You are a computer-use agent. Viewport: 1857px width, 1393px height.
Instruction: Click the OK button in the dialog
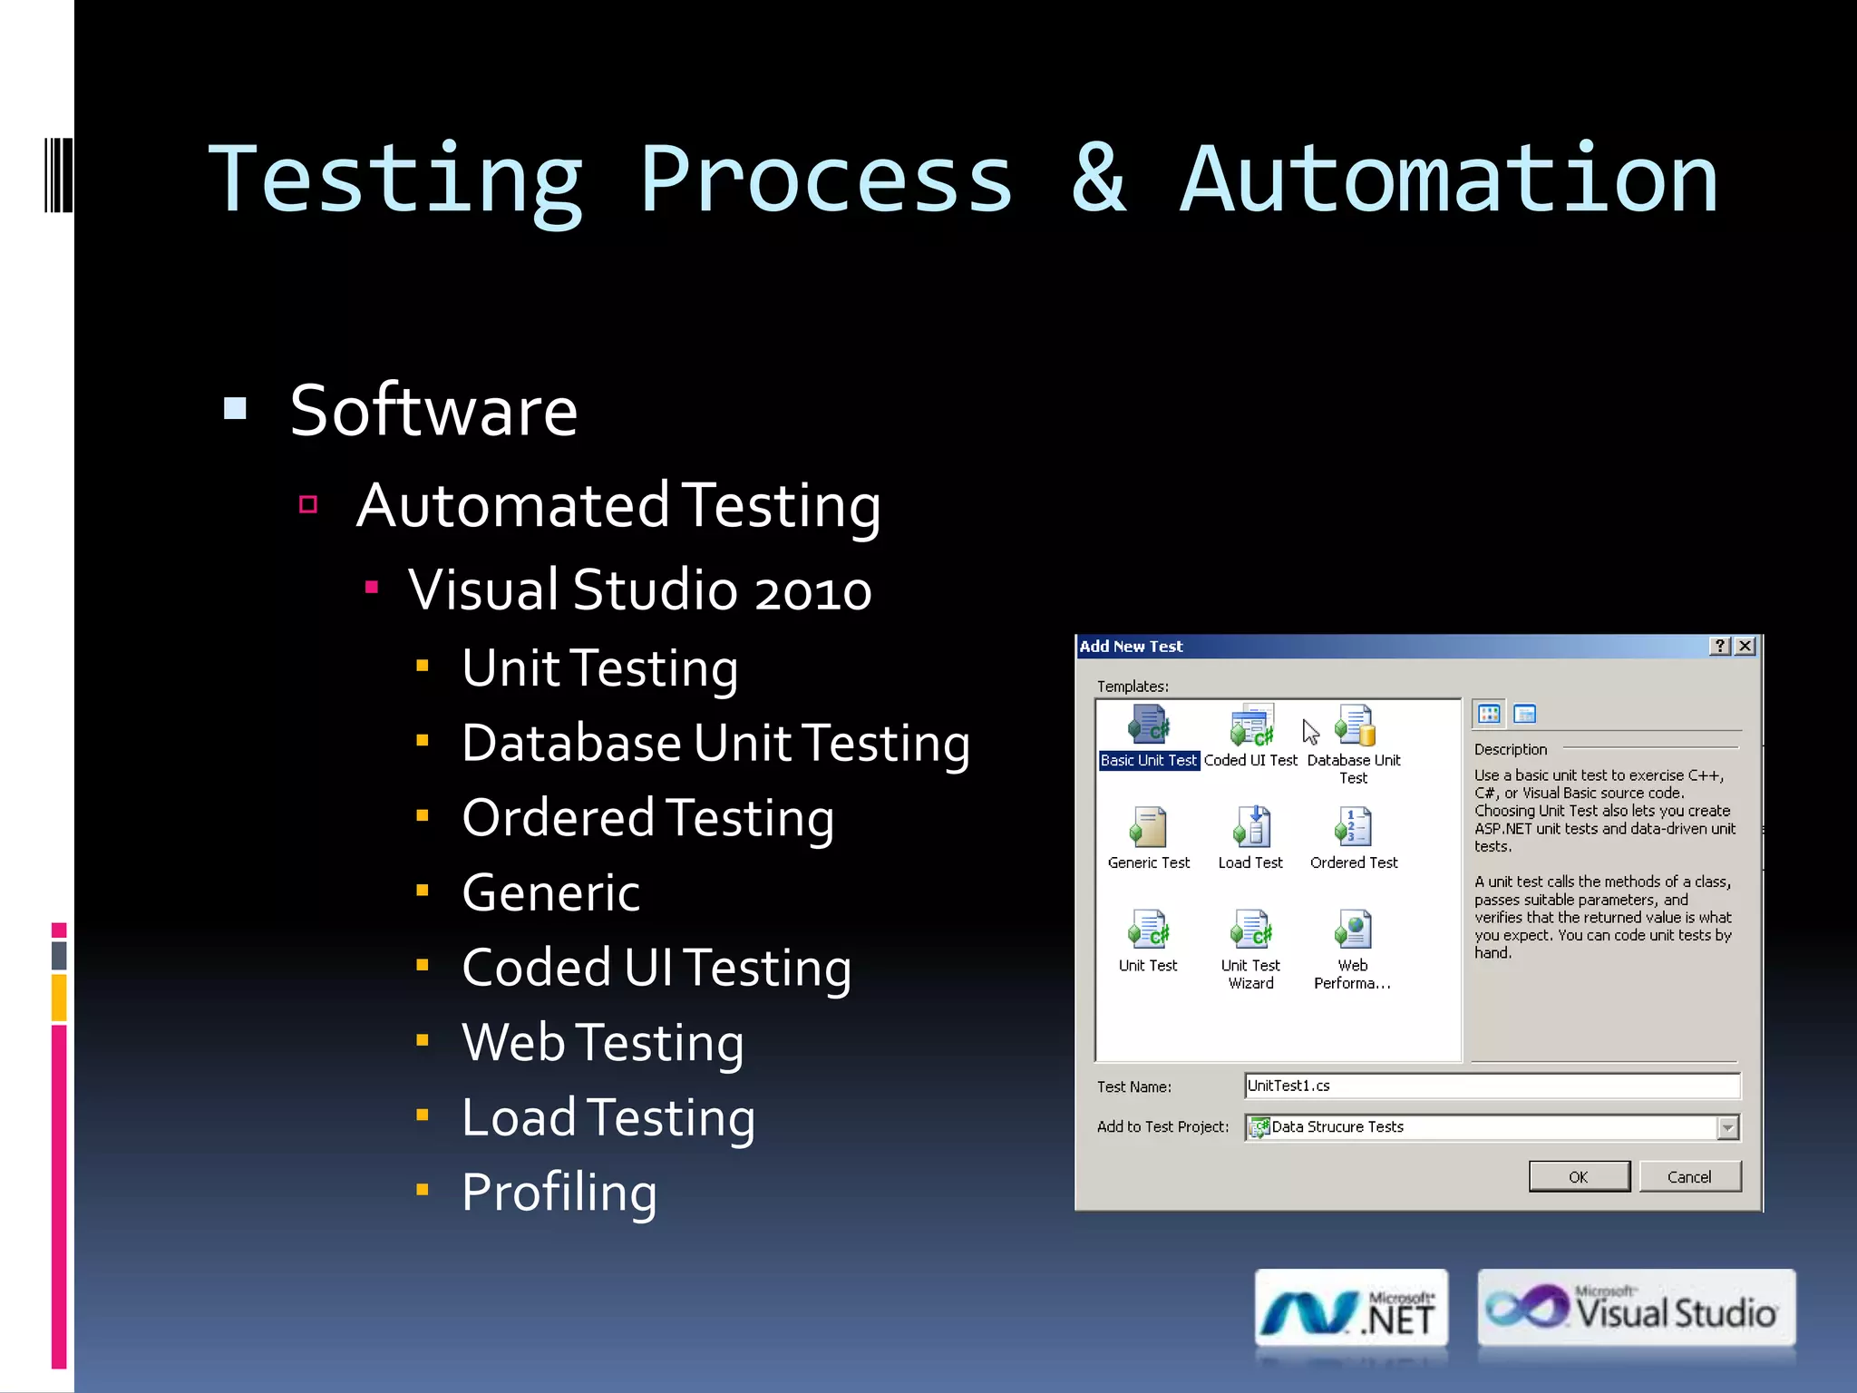click(x=1579, y=1176)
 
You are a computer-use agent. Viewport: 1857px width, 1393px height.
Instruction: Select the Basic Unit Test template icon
click(x=1149, y=726)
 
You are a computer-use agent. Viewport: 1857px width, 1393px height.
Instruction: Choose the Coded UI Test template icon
click(x=1251, y=726)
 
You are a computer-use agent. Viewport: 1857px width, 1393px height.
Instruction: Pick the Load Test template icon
click(x=1251, y=827)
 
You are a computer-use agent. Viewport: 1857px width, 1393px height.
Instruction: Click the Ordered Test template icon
click(x=1354, y=827)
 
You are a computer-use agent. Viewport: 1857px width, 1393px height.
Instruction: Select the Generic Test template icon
click(x=1148, y=827)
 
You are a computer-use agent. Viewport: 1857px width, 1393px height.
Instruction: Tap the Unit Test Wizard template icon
click(x=1251, y=930)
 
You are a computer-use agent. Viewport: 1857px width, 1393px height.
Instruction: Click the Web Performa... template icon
click(x=1354, y=930)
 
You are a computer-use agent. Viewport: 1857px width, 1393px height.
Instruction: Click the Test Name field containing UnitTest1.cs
click(x=1492, y=1086)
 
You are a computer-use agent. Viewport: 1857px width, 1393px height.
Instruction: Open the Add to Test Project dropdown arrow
click(x=1727, y=1127)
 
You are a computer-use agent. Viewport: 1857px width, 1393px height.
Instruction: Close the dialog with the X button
click(x=1745, y=646)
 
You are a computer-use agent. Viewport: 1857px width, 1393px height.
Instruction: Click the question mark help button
click(x=1720, y=646)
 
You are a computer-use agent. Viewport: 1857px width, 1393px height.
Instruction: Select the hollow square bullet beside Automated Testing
click(x=308, y=504)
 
